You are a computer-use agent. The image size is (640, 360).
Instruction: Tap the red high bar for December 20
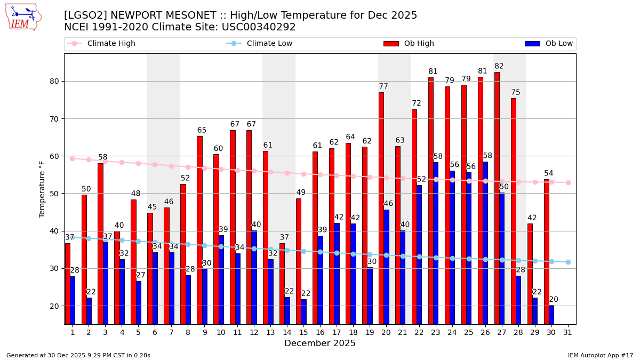381,208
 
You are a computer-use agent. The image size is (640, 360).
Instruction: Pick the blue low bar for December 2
89,310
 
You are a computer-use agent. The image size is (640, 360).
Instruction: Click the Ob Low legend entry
549,44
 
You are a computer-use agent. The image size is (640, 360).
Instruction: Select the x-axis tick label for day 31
568,332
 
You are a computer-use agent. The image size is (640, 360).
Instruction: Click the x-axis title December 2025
320,343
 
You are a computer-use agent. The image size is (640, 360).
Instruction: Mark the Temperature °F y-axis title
42,189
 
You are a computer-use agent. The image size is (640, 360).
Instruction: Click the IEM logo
23,17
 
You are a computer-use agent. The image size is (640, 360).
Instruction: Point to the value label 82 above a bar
499,66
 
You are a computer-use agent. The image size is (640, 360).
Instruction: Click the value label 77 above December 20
383,86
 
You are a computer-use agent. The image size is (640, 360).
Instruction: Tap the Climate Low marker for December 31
568,262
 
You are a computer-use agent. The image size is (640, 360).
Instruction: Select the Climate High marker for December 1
73,158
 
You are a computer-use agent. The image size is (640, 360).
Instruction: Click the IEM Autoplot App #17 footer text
601,355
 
